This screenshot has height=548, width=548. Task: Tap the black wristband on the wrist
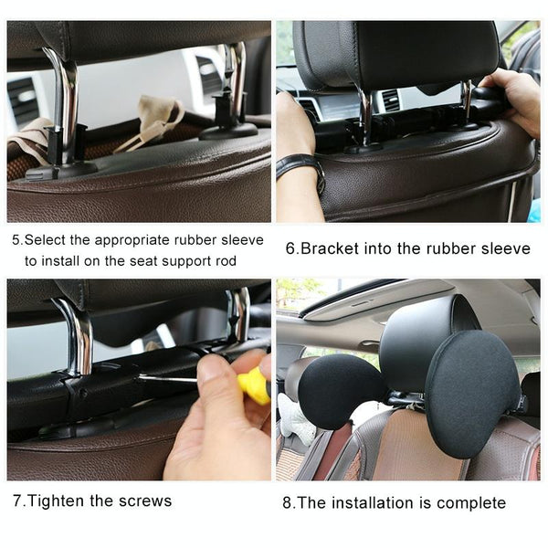click(x=301, y=168)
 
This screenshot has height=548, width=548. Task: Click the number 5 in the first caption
click(x=16, y=240)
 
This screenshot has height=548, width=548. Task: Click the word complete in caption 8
click(x=471, y=503)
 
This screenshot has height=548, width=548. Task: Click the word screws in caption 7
click(x=145, y=501)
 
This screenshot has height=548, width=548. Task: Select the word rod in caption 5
click(x=227, y=261)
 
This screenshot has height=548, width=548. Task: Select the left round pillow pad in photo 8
click(x=341, y=392)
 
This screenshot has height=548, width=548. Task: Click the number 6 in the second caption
click(x=290, y=249)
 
